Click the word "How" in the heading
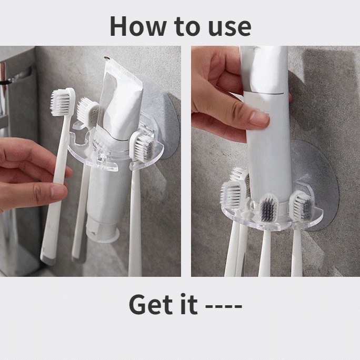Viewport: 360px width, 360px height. click(138, 26)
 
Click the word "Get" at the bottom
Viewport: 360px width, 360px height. click(151, 304)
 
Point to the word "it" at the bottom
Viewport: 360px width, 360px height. click(189, 304)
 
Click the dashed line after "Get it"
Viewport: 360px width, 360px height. click(224, 306)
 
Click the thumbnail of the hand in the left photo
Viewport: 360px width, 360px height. click(59, 192)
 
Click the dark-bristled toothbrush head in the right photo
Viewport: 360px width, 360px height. click(268, 208)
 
